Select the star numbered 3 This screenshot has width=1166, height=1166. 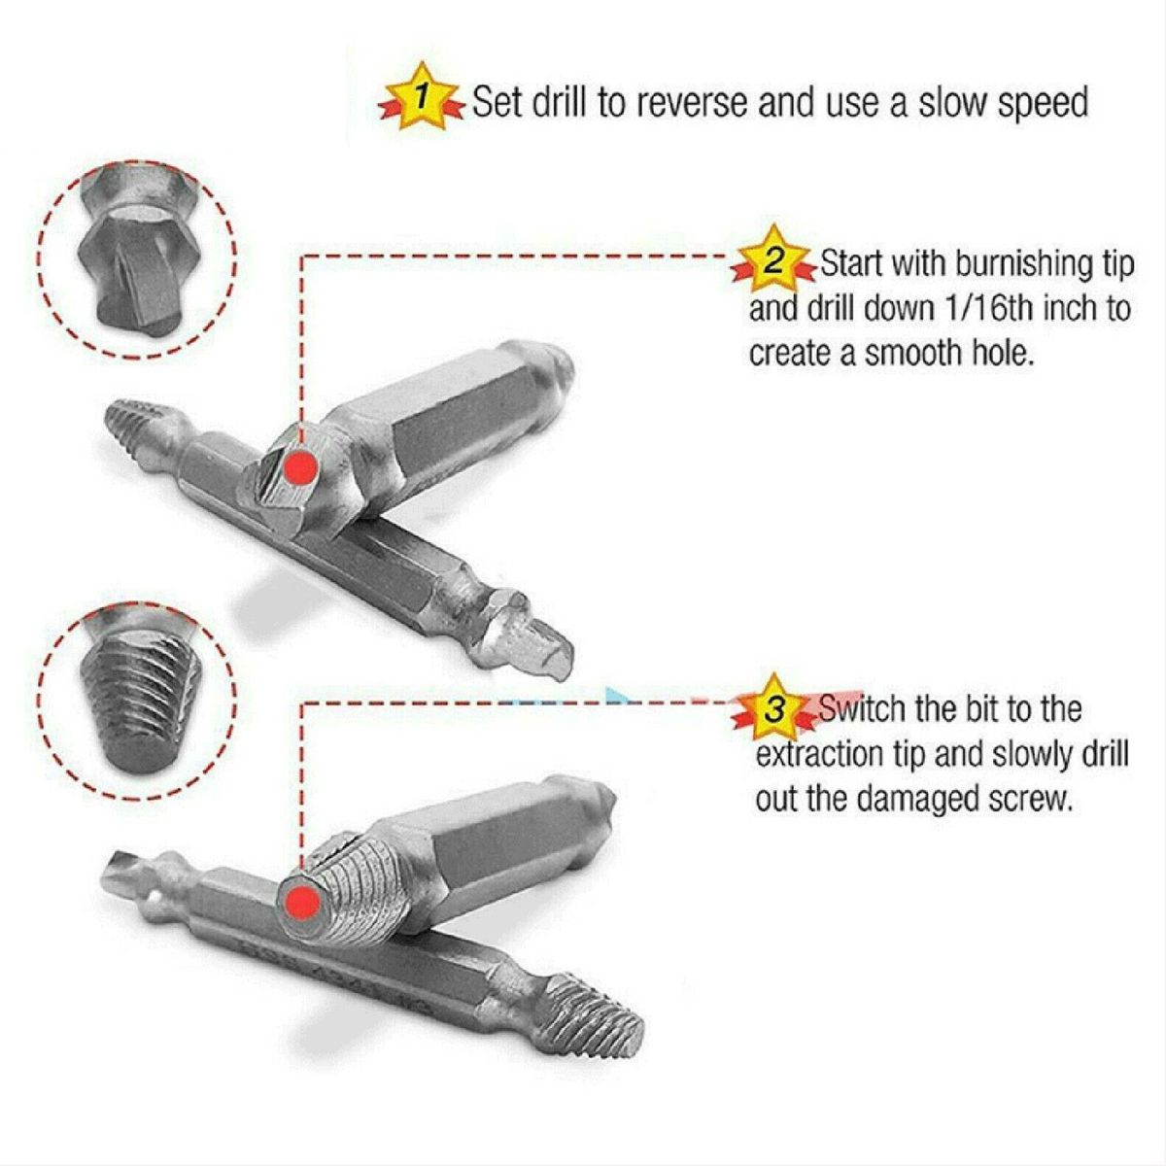tap(773, 707)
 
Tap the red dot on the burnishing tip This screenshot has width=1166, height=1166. tap(300, 467)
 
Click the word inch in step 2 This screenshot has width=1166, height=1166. tap(1069, 309)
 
